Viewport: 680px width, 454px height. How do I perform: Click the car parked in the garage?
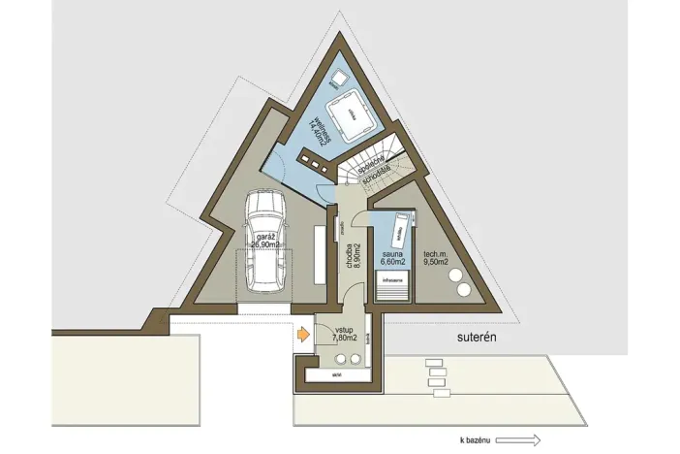pos(265,242)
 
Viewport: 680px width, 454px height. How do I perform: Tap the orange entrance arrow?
pos(302,336)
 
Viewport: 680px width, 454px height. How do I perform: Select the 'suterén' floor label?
pos(478,339)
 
